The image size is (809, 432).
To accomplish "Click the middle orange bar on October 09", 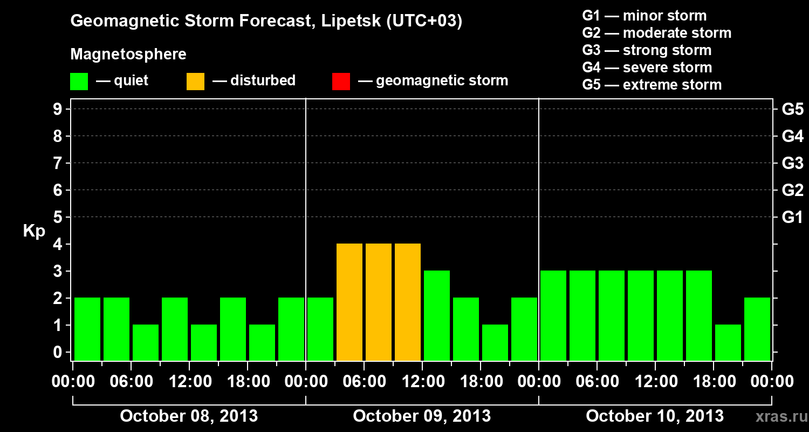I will [379, 302].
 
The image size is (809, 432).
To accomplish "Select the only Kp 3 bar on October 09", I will [437, 315].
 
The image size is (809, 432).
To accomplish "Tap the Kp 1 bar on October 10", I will [728, 342].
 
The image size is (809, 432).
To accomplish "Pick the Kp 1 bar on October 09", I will [495, 342].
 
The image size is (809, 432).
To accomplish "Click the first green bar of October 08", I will [87, 329].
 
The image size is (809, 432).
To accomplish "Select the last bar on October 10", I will [757, 329].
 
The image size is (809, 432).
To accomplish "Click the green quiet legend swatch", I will [79, 81].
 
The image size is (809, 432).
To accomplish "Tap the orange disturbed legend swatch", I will [195, 81].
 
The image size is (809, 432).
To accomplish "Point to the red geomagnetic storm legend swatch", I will [341, 81].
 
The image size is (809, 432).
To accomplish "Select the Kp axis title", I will [34, 231].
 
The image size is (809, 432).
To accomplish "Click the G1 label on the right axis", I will [792, 217].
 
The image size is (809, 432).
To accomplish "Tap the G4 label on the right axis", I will [792, 136].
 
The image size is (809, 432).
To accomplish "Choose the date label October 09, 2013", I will [422, 416].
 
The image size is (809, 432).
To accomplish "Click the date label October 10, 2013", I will [655, 416].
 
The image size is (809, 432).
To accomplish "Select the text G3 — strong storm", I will [647, 50].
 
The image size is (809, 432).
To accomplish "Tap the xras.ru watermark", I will [778, 417].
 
